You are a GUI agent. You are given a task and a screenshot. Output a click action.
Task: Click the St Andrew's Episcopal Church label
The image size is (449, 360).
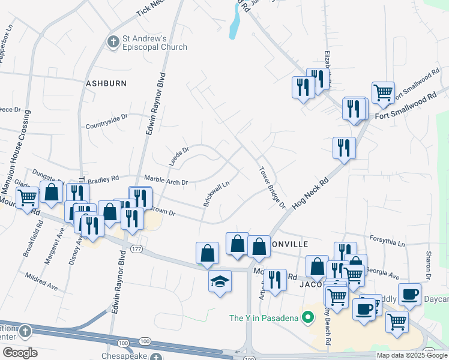(x=155, y=43)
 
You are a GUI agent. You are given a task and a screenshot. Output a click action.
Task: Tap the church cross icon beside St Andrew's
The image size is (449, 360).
(x=112, y=42)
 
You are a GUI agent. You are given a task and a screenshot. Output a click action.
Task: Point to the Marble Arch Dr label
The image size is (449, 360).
(x=166, y=181)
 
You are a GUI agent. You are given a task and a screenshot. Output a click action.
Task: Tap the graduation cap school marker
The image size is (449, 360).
(x=220, y=281)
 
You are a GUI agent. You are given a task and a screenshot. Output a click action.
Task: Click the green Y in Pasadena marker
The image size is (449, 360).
(x=309, y=316)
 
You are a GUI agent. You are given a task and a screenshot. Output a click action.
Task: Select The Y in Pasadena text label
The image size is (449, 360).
(x=264, y=317)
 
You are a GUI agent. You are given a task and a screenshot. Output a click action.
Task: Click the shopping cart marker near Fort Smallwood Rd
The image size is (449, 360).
(x=383, y=92)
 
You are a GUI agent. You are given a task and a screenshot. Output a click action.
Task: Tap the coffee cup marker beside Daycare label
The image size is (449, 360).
(x=409, y=294)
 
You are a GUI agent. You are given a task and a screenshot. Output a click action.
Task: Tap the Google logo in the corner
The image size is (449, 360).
(x=19, y=353)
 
